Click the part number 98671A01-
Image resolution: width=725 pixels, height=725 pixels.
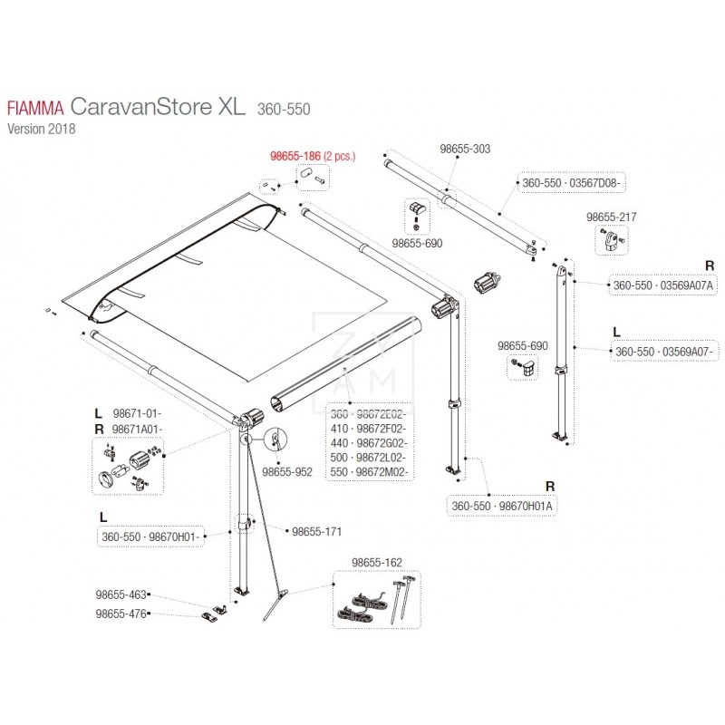pyautogui.click(x=138, y=428)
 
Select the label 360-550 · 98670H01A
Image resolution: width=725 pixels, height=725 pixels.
pyautogui.click(x=501, y=505)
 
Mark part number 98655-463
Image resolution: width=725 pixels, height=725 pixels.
pyautogui.click(x=120, y=595)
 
